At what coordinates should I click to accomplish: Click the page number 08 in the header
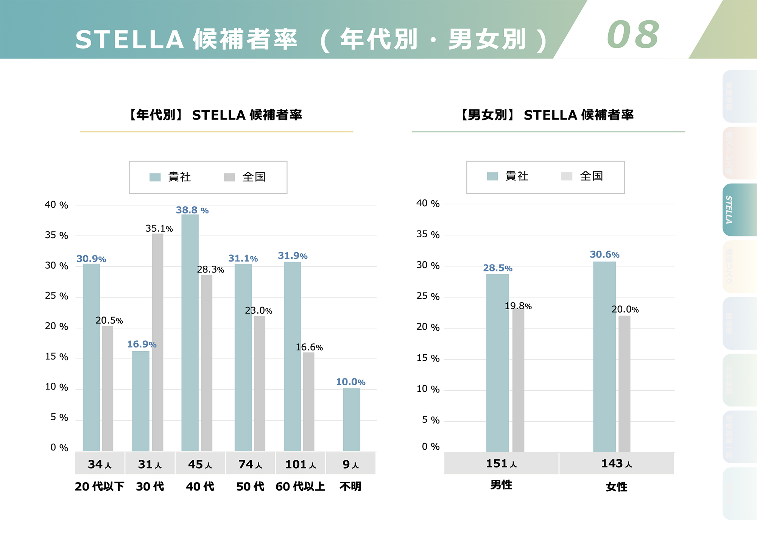(x=633, y=35)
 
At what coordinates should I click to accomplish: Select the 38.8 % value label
(x=192, y=210)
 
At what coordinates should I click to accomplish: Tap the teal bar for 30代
(x=140, y=401)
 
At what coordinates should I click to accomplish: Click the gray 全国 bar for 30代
(x=157, y=342)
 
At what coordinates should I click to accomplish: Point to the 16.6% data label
(x=309, y=347)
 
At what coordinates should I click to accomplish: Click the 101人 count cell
(x=300, y=464)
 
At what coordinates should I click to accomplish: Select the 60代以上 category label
(x=300, y=486)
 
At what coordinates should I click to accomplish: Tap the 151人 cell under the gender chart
(x=501, y=463)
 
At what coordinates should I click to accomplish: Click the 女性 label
(x=616, y=487)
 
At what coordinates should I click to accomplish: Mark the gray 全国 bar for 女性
(x=624, y=383)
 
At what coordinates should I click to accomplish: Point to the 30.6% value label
(x=604, y=255)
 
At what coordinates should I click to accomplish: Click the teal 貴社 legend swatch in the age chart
(x=155, y=177)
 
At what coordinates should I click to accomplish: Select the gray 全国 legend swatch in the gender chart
(x=567, y=176)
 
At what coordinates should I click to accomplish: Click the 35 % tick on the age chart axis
(x=56, y=235)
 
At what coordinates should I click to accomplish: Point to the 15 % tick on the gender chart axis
(x=428, y=358)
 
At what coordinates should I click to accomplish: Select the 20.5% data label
(x=109, y=321)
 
